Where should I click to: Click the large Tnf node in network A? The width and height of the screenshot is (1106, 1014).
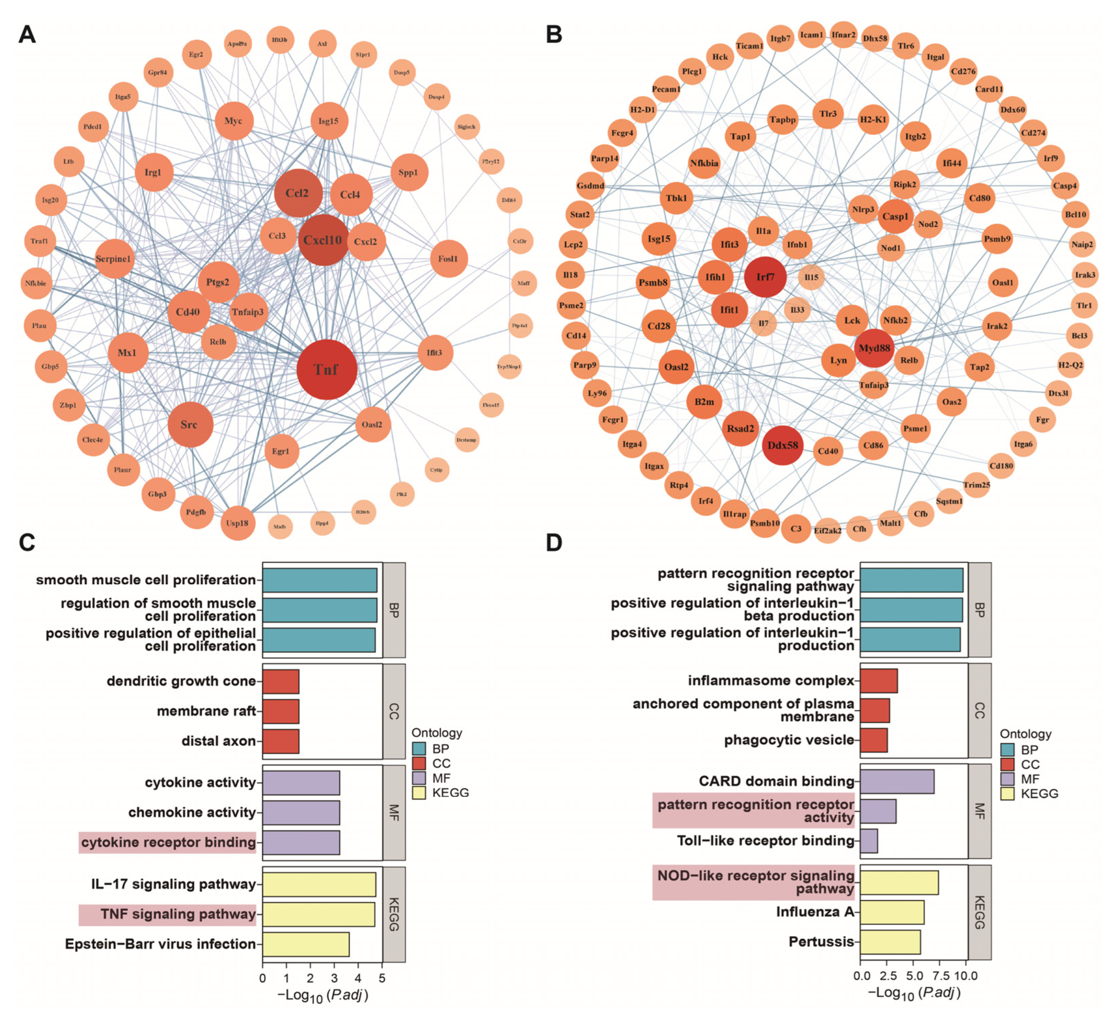[x=327, y=369]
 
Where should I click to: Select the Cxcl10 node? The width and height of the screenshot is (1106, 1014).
[x=323, y=240]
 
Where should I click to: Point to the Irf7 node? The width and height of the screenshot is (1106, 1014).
[x=765, y=277]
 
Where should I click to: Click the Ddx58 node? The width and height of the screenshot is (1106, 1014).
[x=783, y=445]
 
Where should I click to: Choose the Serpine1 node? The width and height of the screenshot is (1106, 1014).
[x=114, y=258]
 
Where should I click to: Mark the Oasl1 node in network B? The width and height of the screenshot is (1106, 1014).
[x=1002, y=283]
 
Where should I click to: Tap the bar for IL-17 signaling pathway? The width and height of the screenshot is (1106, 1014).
[x=319, y=884]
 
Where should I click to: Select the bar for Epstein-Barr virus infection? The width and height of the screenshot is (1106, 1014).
[x=306, y=944]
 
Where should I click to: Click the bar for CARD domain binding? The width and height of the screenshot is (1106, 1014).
[x=897, y=781]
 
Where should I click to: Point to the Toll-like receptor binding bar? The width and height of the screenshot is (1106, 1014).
[x=869, y=841]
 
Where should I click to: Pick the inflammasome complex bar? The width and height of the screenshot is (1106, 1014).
[x=879, y=680]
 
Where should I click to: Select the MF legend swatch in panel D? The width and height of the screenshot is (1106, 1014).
[x=1007, y=779]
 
